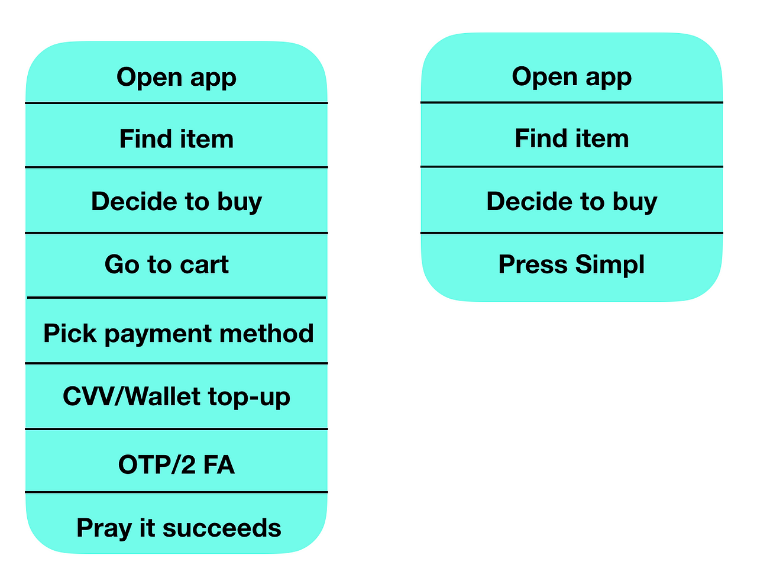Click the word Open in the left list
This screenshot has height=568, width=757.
click(x=150, y=77)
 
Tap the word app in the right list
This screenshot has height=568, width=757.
click(x=609, y=79)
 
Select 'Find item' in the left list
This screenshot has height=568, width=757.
click(x=176, y=138)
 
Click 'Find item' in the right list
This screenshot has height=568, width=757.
click(x=571, y=138)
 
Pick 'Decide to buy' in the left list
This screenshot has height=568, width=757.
click(x=176, y=202)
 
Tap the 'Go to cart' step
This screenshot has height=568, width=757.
click(x=167, y=264)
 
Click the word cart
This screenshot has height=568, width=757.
click(x=204, y=265)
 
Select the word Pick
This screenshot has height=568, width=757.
click(x=70, y=333)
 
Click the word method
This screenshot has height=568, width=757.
click(x=267, y=333)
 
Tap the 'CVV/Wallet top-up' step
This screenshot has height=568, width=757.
click(x=176, y=397)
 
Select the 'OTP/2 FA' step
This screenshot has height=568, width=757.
click(x=176, y=464)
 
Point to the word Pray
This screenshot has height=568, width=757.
click(x=104, y=529)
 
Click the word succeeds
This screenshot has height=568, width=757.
click(x=222, y=528)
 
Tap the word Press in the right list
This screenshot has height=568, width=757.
click(x=533, y=264)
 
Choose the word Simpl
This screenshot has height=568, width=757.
click(x=610, y=265)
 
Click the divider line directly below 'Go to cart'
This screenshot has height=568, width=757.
click(x=176, y=297)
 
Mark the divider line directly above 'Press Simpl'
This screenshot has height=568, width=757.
click(x=571, y=233)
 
